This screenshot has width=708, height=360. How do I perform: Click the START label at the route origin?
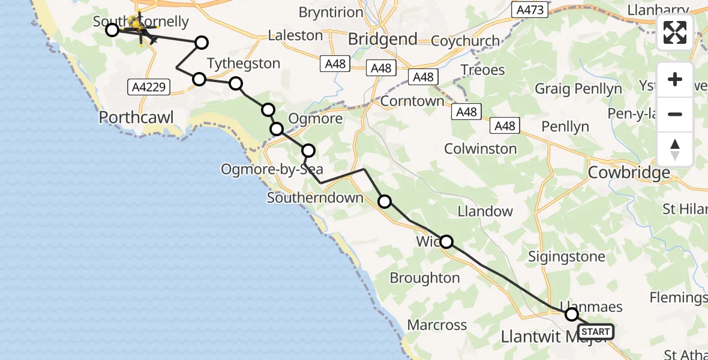coord(596,332)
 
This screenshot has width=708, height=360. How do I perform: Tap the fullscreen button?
coord(675,32)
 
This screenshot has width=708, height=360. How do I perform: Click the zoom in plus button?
coord(675,79)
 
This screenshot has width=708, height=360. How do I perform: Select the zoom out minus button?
coord(675,114)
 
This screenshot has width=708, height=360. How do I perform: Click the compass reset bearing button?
coord(675,149)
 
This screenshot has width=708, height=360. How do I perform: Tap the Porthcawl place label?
coord(137,117)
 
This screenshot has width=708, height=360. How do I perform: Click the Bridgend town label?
coord(383,40)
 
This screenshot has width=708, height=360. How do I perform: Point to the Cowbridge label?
coord(629,173)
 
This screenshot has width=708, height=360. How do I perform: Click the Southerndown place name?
coord(315,198)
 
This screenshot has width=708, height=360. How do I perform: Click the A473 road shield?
coord(529,10)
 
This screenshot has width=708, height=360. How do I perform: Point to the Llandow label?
coord(485,211)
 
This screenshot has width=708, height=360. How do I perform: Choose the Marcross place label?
coord(437,325)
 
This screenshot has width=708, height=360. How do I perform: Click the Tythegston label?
coord(244,64)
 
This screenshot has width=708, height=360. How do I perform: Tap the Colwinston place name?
coord(481,149)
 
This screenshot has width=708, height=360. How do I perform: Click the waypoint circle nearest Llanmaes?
coord(572,314)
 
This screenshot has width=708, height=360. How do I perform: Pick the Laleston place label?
coord(295,36)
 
